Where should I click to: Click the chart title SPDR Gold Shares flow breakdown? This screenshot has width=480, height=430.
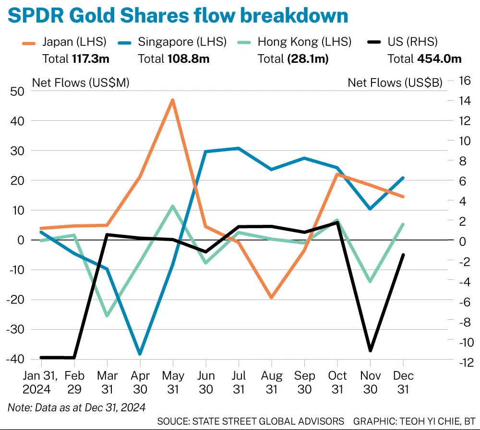click(178, 16)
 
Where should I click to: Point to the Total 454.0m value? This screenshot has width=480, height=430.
click(424, 58)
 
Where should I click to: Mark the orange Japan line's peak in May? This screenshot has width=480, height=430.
click(172, 100)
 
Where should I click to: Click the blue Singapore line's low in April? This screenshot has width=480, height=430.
click(140, 354)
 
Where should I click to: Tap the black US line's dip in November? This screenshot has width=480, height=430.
click(370, 351)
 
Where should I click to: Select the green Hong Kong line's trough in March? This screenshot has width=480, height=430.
click(107, 316)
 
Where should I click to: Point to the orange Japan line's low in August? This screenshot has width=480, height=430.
click(271, 298)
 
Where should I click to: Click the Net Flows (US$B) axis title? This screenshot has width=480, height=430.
click(395, 82)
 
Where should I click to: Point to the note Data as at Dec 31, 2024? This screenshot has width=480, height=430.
click(76, 407)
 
